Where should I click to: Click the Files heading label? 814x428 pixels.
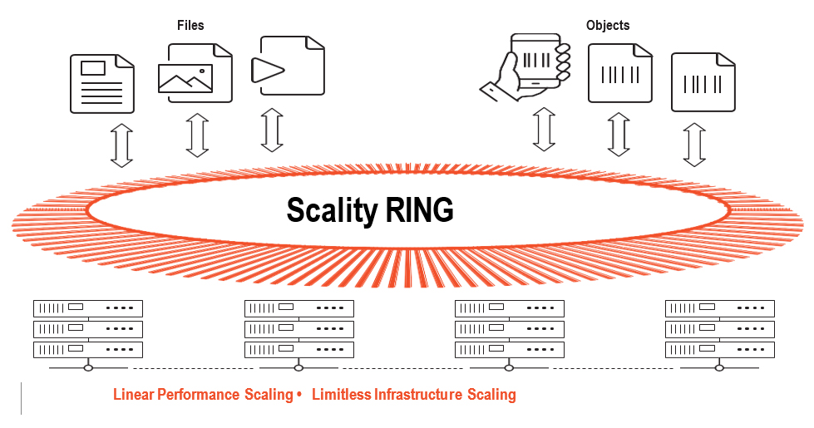pyautogui.click(x=190, y=26)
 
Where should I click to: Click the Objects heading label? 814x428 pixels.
pyautogui.click(x=607, y=26)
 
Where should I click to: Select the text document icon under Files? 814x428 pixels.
pyautogui.click(x=101, y=83)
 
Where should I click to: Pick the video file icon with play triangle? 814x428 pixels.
pyautogui.click(x=291, y=66)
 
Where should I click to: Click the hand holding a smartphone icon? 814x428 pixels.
pyautogui.click(x=527, y=67)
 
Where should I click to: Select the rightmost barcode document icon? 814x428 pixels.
pyautogui.click(x=703, y=82)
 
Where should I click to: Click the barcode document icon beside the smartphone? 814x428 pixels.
pyautogui.click(x=619, y=73)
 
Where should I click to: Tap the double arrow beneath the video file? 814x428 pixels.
pyautogui.click(x=272, y=130)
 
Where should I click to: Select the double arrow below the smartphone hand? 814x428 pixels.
pyautogui.click(x=544, y=129)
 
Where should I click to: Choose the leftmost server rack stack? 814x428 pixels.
pyautogui.click(x=88, y=329)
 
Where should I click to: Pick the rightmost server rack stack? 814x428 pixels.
pyautogui.click(x=720, y=329)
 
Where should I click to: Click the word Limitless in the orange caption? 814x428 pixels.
pyautogui.click(x=341, y=394)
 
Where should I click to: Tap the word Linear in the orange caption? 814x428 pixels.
pyautogui.click(x=133, y=394)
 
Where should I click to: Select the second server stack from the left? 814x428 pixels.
pyautogui.click(x=299, y=329)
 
